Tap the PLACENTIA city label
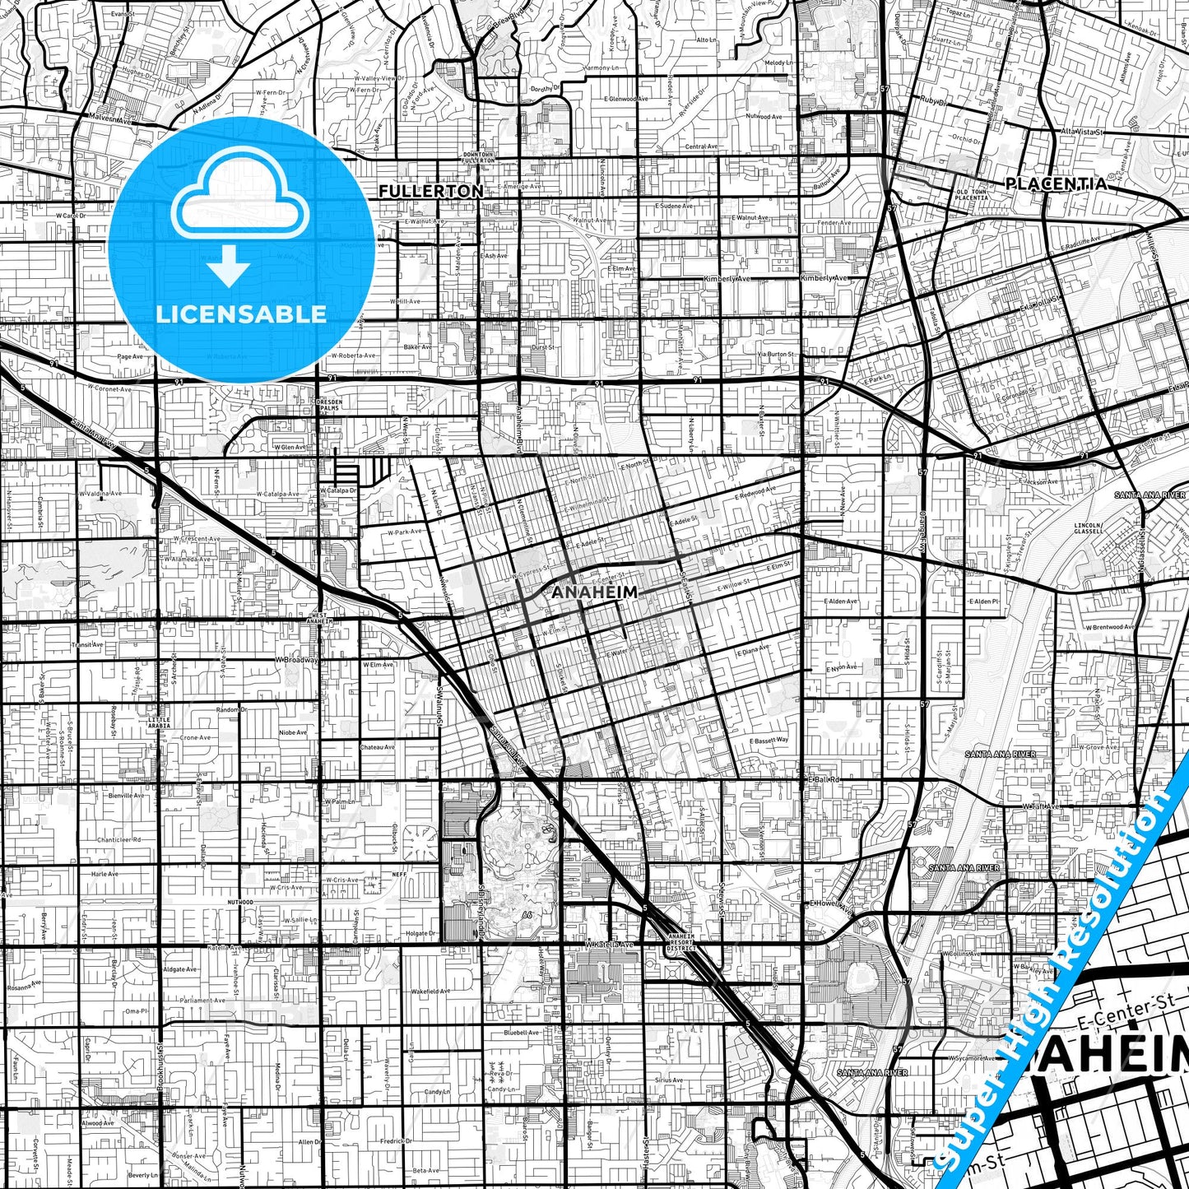pyautogui.click(x=1056, y=183)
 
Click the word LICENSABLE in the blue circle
pyautogui.click(x=241, y=314)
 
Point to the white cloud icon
pyautogui.click(x=240, y=197)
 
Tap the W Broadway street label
pyautogui.click(x=296, y=660)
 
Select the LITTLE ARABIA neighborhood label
pyautogui.click(x=159, y=722)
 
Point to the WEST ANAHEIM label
pyautogui.click(x=319, y=618)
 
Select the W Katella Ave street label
pyautogui.click(x=610, y=945)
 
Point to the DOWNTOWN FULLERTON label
pyautogui.click(x=478, y=156)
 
